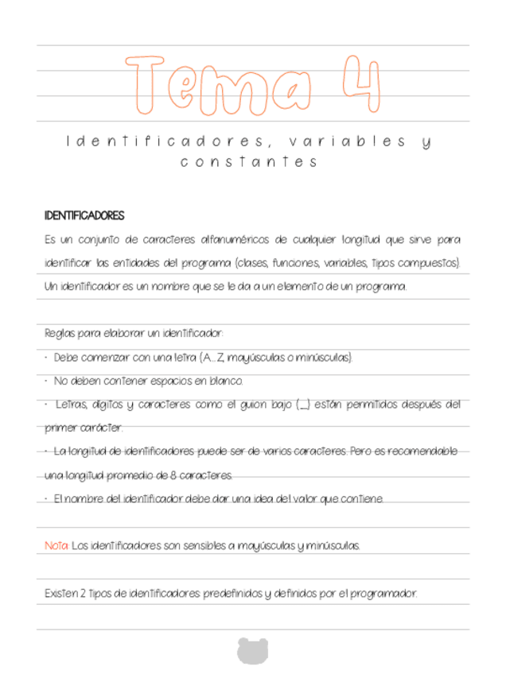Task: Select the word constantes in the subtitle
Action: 249,162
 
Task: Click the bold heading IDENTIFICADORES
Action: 84,216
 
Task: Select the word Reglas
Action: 60,334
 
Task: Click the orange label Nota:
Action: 56,546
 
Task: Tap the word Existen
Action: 62,593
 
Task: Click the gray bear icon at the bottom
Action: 252,649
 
